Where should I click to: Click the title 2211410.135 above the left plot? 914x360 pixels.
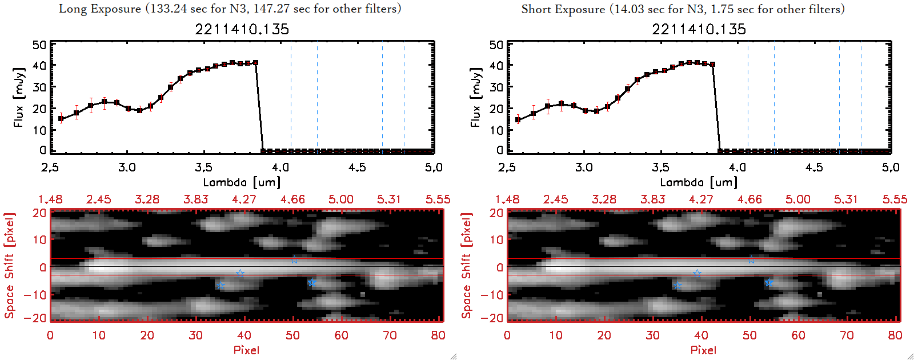[x=242, y=29]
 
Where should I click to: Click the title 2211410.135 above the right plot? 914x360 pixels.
[x=699, y=29]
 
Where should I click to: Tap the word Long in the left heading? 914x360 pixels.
[x=71, y=9]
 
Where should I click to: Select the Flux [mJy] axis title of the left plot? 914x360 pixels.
[x=19, y=97]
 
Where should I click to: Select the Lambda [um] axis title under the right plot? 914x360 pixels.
[x=699, y=182]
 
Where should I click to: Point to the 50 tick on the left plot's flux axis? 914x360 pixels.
[x=39, y=45]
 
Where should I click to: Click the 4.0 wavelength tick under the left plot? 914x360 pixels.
[x=280, y=167]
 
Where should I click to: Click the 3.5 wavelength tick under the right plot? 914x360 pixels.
[x=660, y=167]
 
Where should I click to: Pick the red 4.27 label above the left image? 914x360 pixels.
[x=244, y=199]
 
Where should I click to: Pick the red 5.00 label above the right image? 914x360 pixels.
[x=797, y=199]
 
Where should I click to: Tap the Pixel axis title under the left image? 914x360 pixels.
[x=246, y=350]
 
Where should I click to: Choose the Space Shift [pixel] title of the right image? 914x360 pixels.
[x=467, y=265]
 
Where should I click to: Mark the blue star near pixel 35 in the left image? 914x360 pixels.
[x=221, y=286]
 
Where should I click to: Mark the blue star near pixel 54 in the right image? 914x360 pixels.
[x=769, y=282]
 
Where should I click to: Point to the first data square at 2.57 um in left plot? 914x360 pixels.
[x=61, y=119]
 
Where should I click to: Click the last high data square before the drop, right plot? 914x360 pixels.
[x=712, y=65]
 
